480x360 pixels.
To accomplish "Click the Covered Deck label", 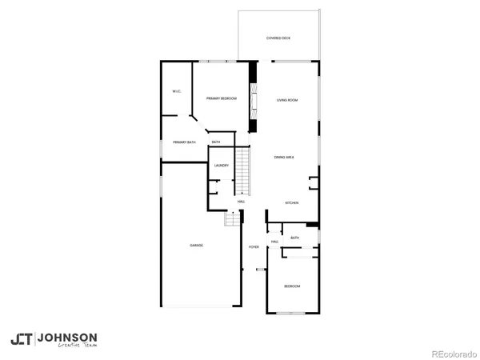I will (278, 38).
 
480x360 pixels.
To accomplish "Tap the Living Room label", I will (287, 100).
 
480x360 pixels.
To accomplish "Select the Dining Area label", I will (284, 158).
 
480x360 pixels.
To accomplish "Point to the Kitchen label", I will (292, 203).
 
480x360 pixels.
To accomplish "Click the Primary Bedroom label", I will (221, 98).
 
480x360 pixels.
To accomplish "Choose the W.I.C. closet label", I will (177, 91).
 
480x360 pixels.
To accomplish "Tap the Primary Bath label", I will (184, 142).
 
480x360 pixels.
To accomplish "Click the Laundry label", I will (222, 166).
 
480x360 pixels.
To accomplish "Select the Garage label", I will (196, 245).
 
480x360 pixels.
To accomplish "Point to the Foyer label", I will (254, 247).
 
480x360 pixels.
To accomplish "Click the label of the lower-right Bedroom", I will (292, 286).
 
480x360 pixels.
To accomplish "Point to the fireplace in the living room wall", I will (254, 100).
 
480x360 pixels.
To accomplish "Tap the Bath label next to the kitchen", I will (295, 238).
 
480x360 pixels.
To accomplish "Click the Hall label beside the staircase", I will (241, 202).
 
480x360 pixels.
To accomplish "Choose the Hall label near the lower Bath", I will (274, 242).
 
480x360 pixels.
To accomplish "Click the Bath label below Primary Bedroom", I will (216, 142).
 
